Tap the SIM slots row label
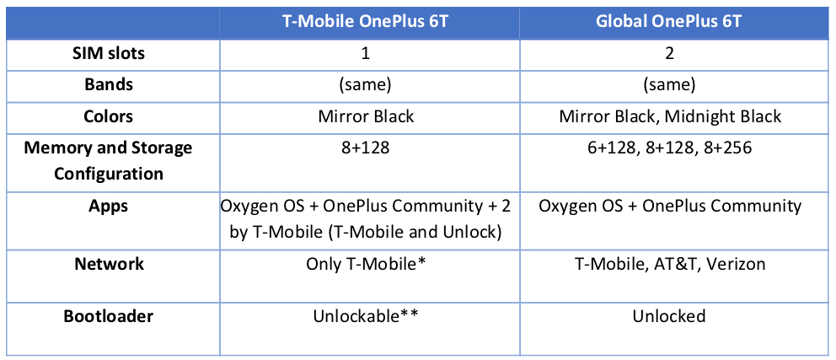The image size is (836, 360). [x=108, y=54]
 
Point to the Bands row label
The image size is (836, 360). [x=108, y=85]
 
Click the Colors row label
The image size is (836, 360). [x=108, y=116]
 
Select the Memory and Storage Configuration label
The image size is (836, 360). [x=108, y=160]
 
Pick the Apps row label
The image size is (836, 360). [x=108, y=206]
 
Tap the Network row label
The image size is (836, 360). [x=108, y=264]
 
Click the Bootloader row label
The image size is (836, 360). [x=108, y=317]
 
